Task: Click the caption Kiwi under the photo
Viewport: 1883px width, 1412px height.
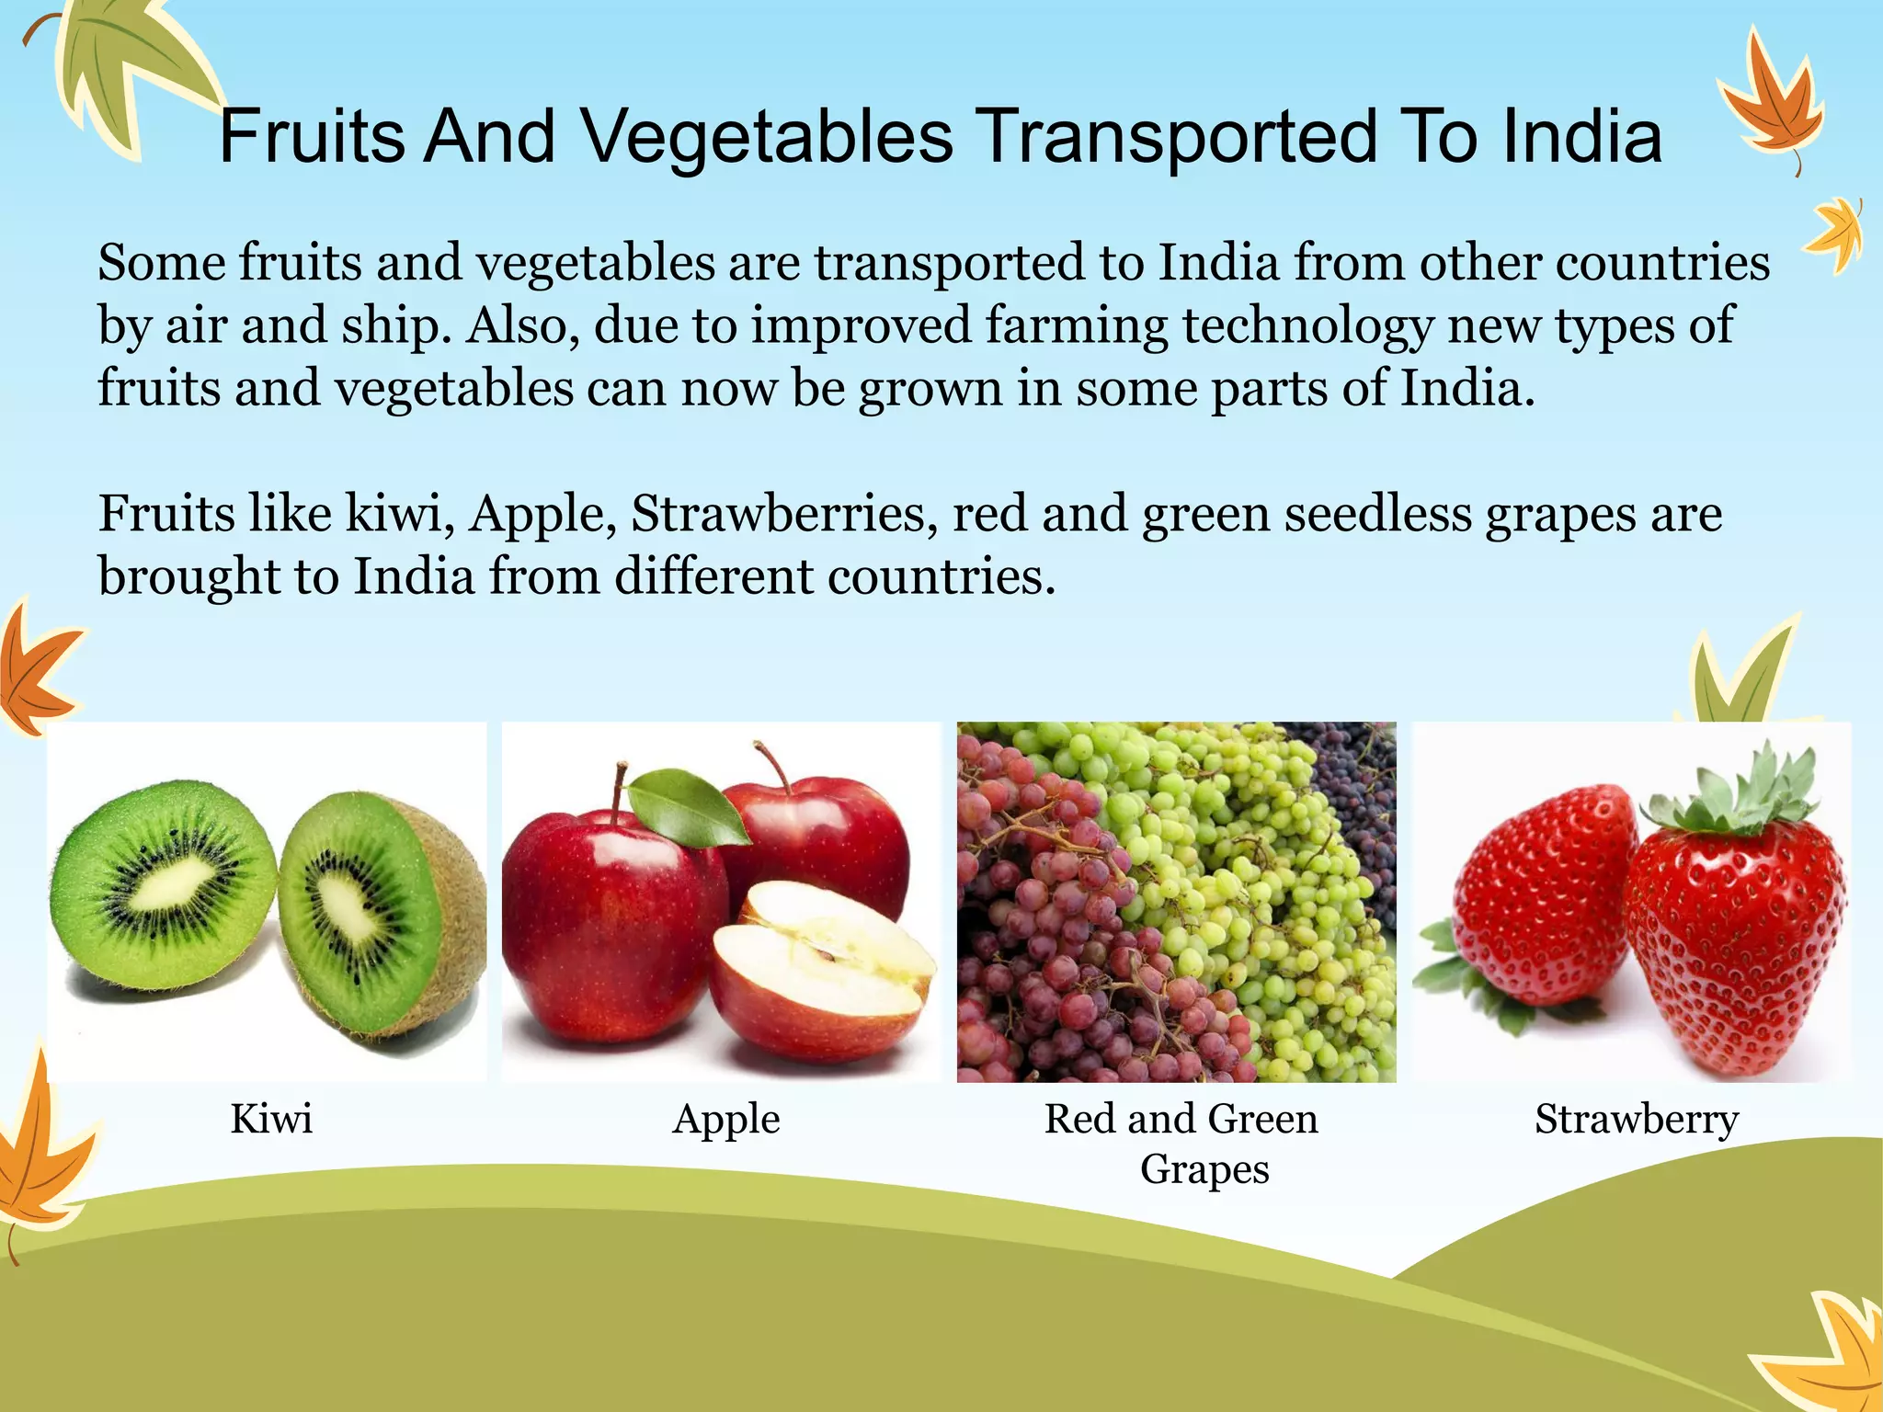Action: tap(271, 1119)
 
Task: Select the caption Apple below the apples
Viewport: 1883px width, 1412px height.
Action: tap(726, 1120)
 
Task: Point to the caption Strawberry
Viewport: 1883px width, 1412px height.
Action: tap(1637, 1119)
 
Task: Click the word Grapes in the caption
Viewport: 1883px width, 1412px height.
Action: tap(1204, 1169)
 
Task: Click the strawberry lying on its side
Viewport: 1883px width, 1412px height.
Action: tap(1545, 901)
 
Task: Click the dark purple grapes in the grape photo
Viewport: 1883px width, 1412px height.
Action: tap(1356, 791)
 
